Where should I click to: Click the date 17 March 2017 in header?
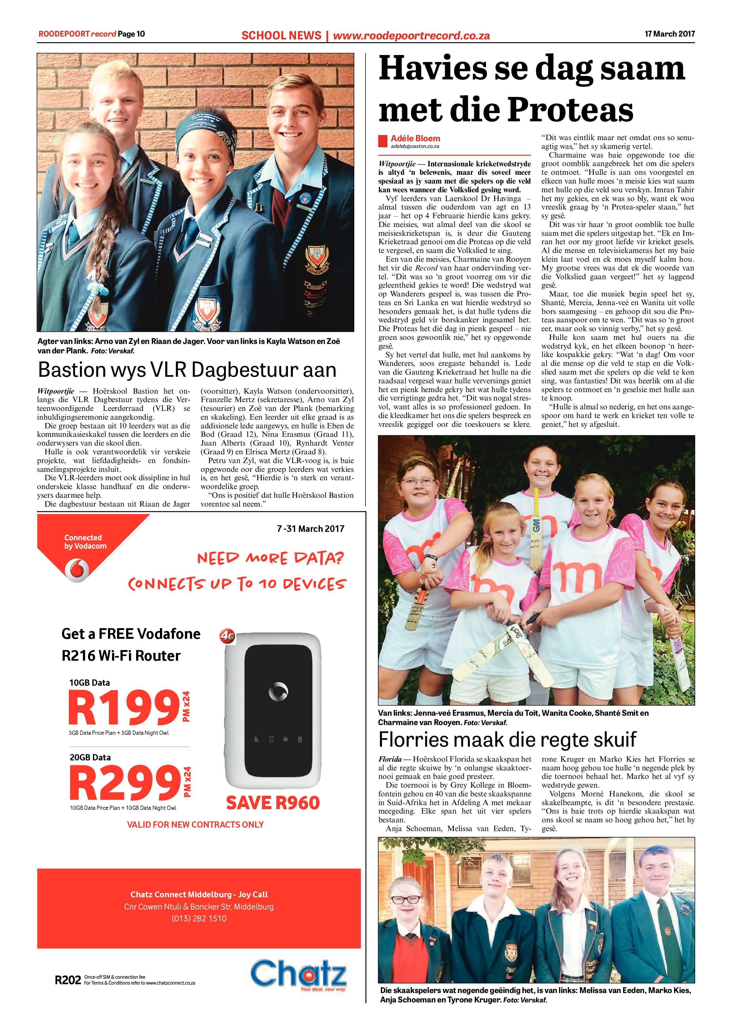[669, 34]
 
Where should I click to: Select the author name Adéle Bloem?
[415, 138]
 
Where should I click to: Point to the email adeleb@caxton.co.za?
[415, 146]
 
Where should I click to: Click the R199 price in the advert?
[124, 707]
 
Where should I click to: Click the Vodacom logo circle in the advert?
[77, 570]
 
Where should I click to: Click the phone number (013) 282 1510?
[199, 918]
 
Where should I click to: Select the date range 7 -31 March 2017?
[310, 529]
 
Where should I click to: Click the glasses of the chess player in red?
[407, 899]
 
